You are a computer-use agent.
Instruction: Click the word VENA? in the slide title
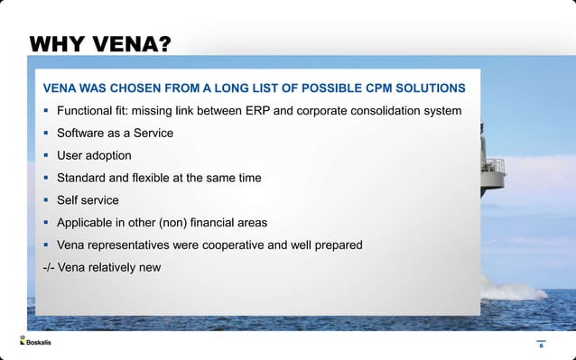coord(131,44)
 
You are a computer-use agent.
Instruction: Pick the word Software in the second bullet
coord(83,134)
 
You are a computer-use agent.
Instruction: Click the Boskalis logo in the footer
coord(35,342)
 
